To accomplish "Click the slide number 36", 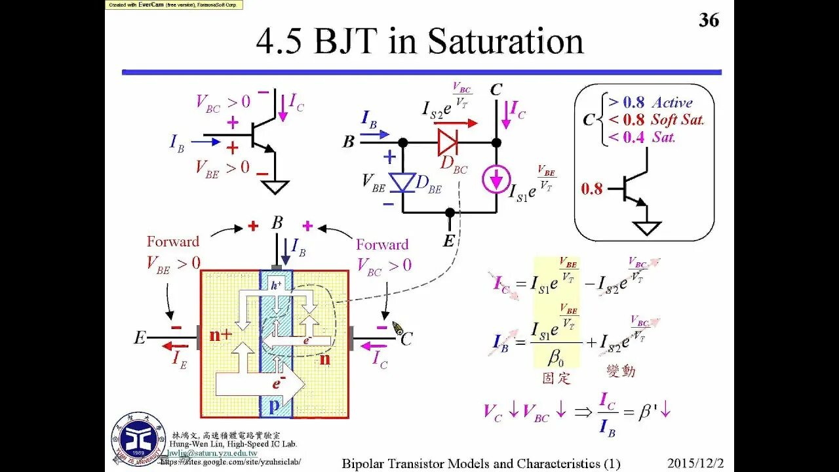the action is [x=709, y=20].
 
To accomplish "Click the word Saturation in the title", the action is [x=505, y=41].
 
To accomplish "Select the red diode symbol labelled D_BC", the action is [x=448, y=142].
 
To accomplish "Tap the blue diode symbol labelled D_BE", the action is [x=402, y=182].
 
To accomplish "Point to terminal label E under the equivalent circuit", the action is [x=448, y=241].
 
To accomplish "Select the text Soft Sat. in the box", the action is [x=677, y=120].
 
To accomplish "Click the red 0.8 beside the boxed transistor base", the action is [x=591, y=189].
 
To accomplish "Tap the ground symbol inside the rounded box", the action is [x=647, y=228].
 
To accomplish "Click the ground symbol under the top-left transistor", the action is [x=275, y=187].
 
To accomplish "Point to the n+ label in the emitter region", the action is [x=221, y=335].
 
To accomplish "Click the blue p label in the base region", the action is [x=275, y=406].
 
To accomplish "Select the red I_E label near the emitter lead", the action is [x=180, y=358].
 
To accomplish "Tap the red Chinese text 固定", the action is [x=556, y=378].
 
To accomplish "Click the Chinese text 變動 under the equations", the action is [x=621, y=371].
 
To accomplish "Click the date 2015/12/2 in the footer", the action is [x=699, y=463].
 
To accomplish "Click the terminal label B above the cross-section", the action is [x=277, y=223].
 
